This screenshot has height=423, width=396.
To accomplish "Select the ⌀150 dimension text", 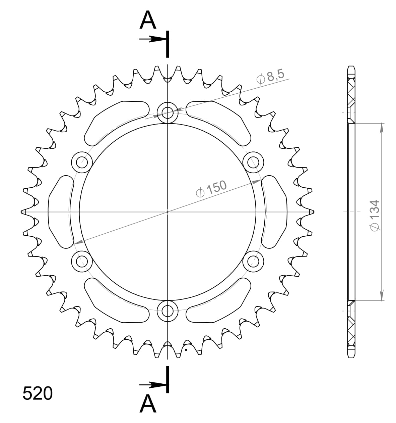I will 211,190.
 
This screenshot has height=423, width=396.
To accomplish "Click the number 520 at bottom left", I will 38,393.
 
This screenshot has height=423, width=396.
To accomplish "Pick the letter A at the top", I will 148,20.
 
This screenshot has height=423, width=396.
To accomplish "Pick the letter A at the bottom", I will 148,404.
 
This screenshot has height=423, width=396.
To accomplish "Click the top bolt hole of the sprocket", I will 168,113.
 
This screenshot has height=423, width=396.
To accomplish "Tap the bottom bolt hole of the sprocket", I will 168,311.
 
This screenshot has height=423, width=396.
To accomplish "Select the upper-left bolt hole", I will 82,162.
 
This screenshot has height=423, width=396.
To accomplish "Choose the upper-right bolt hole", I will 253,162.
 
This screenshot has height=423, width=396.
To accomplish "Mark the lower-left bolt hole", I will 82,261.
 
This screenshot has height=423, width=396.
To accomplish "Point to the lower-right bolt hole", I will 253,261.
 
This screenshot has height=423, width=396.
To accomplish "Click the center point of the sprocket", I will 168,212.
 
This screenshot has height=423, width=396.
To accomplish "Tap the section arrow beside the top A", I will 152,39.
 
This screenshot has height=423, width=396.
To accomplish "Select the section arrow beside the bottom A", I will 152,384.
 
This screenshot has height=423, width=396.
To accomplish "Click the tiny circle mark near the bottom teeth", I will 186,350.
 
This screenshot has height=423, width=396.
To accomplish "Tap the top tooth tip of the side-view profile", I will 351,66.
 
